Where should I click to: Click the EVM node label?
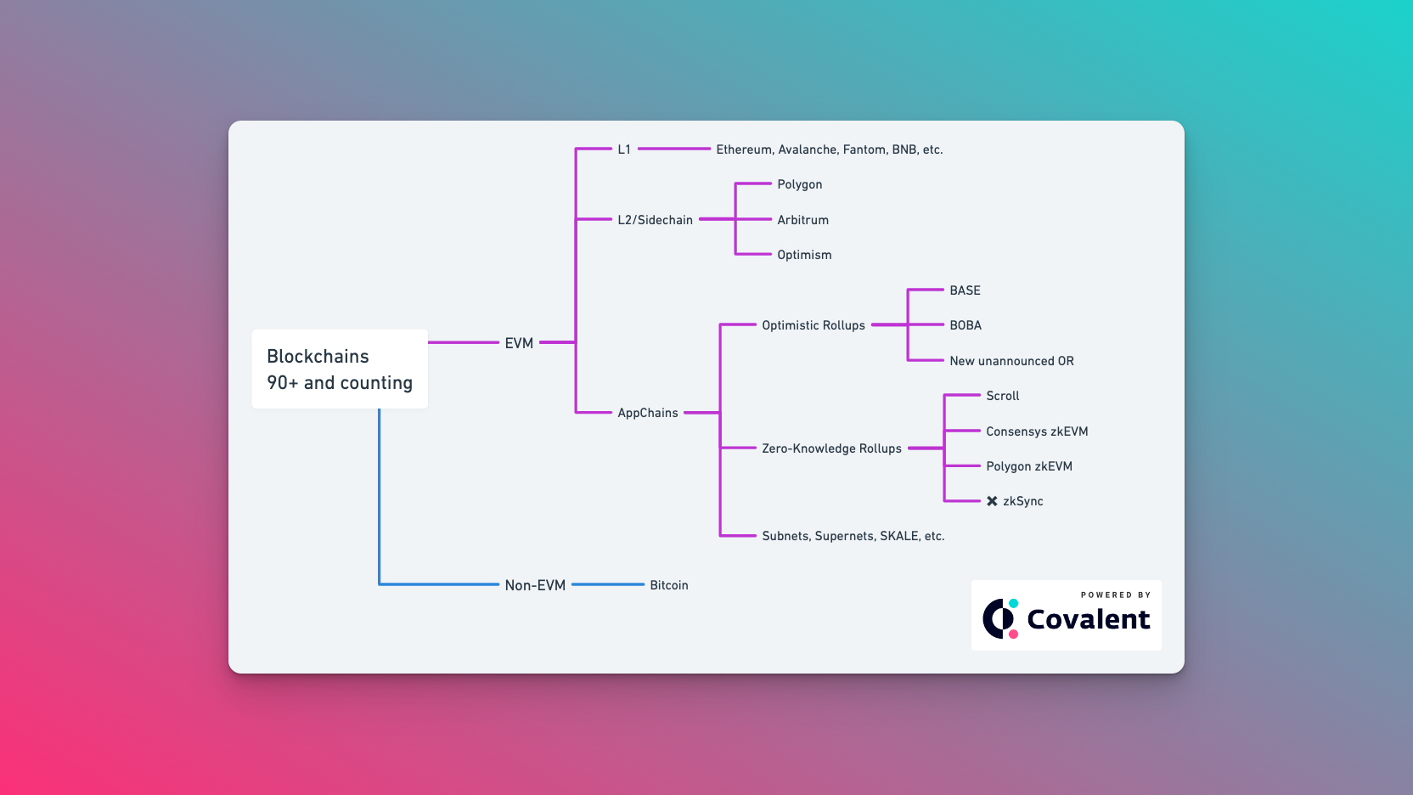[x=519, y=342]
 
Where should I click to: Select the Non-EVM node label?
[x=535, y=585]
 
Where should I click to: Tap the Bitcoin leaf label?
[x=668, y=585]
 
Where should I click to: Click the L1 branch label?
[x=624, y=149]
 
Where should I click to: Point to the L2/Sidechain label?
[x=655, y=220]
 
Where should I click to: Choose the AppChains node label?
[x=647, y=413]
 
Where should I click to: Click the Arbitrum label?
[x=802, y=220]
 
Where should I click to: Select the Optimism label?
[x=804, y=255]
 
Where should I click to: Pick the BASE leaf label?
[x=965, y=290]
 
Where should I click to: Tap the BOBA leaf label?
[x=965, y=325]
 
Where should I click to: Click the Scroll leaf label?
[x=1002, y=396]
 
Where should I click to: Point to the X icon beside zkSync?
[x=992, y=501]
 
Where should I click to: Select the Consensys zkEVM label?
[x=1037, y=431]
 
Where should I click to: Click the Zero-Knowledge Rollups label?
[x=831, y=448]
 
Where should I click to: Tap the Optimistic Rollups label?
[x=813, y=325]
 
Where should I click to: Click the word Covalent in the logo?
[x=1088, y=619]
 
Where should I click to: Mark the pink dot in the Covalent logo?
[x=1013, y=634]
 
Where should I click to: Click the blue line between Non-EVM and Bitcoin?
[x=608, y=584]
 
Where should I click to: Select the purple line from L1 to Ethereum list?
[x=674, y=149]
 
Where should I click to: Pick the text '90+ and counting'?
[x=340, y=383]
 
